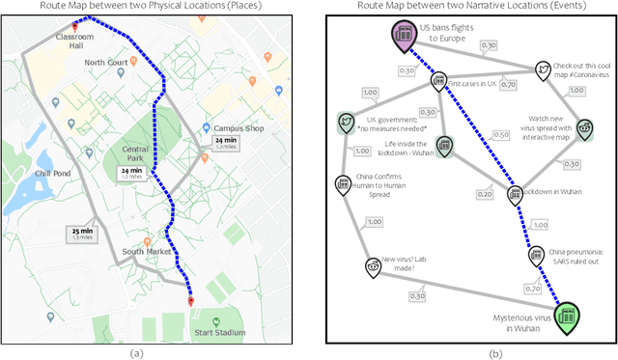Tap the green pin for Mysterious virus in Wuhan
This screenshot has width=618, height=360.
click(568, 314)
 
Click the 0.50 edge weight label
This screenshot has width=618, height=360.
click(501, 134)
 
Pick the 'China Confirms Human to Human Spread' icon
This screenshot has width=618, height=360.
click(342, 182)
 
